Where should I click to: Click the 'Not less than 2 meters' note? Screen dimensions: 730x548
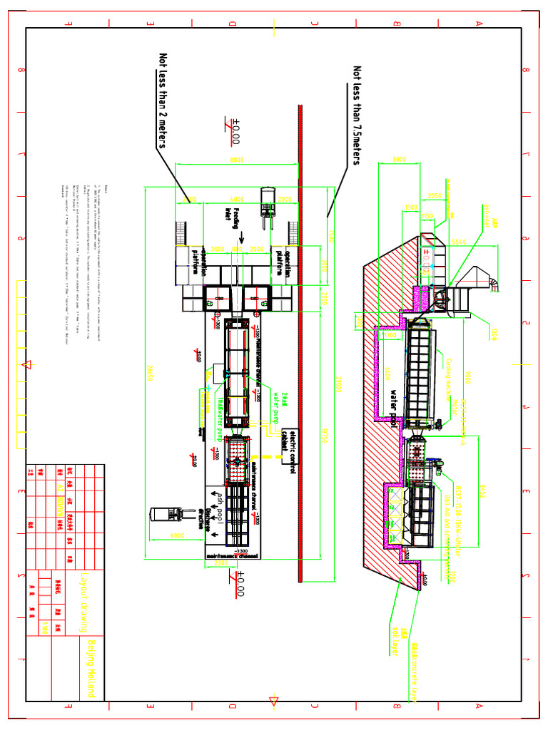[163, 100]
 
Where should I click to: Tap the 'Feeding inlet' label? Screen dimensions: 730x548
[233, 214]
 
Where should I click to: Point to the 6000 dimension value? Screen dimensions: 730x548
[177, 535]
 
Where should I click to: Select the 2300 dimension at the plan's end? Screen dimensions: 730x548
[221, 562]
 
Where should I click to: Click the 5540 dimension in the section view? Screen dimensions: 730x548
[460, 242]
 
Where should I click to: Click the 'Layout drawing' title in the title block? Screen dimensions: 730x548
[85, 602]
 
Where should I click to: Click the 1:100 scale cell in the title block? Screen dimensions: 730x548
[44, 627]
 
